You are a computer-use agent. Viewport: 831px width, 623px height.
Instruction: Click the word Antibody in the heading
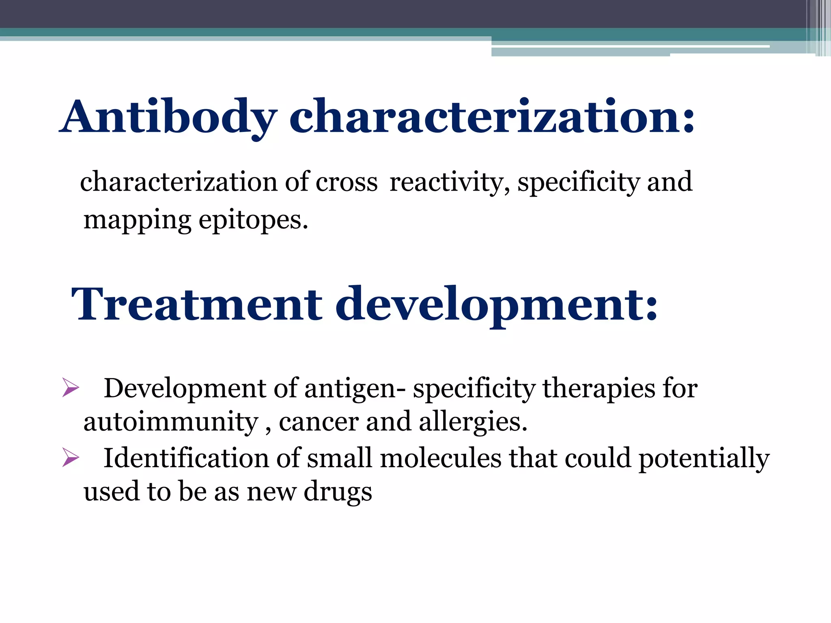pyautogui.click(x=168, y=118)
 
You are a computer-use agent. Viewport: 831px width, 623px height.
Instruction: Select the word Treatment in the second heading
pyautogui.click(x=196, y=304)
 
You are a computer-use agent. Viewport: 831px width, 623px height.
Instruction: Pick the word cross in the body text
pyautogui.click(x=347, y=183)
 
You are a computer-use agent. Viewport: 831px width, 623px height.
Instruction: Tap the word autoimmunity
pyautogui.click(x=171, y=423)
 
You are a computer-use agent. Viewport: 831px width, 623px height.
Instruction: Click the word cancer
pyautogui.click(x=319, y=423)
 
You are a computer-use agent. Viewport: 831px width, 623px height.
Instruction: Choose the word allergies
pyautogui.click(x=473, y=423)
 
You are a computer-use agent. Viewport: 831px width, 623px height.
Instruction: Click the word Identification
pyautogui.click(x=186, y=459)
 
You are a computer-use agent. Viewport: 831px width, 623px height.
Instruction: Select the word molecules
pyautogui.click(x=441, y=459)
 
